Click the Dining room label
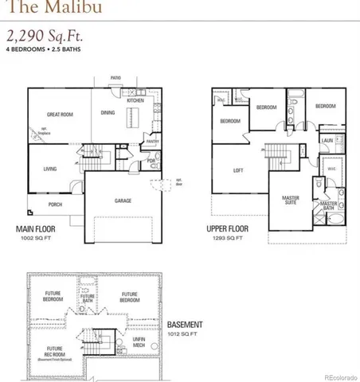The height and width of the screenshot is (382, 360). [x=108, y=115]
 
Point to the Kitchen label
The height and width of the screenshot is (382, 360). [x=135, y=100]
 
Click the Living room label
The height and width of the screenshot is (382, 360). [x=49, y=169]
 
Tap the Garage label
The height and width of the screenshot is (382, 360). [x=122, y=201]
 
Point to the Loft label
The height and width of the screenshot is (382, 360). [x=237, y=170]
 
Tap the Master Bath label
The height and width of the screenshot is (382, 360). [x=328, y=205]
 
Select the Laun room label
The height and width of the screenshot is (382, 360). [x=327, y=140]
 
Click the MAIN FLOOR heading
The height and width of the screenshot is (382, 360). [x=40, y=230]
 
